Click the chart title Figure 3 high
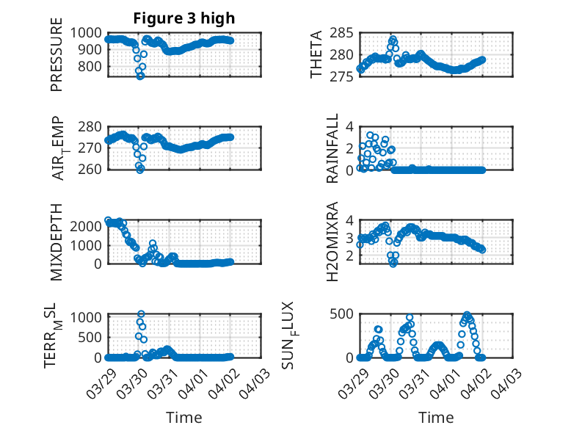(x=184, y=18)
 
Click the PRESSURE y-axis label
(x=57, y=59)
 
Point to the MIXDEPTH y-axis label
(x=57, y=242)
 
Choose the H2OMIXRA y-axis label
(x=332, y=242)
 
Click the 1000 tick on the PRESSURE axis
(x=91, y=32)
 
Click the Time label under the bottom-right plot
(x=436, y=417)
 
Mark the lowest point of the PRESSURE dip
(x=140, y=76)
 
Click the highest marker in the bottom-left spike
(x=141, y=314)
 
